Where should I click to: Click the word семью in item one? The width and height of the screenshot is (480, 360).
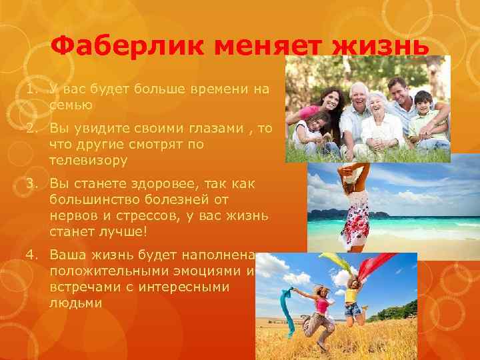71,105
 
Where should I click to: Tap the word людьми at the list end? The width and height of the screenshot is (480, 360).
75,302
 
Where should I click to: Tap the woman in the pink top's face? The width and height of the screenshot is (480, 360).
329,100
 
